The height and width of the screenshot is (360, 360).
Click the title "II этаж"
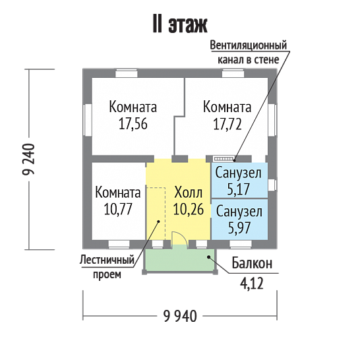180,24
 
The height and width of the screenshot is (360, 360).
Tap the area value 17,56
133,124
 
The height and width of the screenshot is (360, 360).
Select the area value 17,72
227,124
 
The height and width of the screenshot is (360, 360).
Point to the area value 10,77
118,209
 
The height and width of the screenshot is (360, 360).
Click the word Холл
189,193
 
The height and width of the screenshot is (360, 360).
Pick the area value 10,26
189,209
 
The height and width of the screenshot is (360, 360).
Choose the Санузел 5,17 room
239,180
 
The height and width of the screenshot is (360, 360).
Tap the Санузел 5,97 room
239,220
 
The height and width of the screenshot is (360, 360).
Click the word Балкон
252,263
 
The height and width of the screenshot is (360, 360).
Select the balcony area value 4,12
252,284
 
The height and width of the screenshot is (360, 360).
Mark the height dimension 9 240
29,159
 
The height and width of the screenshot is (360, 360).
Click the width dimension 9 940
180,316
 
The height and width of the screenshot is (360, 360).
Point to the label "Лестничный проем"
107,267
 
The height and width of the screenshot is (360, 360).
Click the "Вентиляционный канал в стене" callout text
249,52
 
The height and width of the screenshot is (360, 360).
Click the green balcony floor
179,259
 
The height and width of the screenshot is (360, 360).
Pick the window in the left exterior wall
88,120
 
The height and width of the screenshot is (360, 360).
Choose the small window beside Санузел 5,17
272,185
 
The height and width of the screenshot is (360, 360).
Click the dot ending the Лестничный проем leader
158,222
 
